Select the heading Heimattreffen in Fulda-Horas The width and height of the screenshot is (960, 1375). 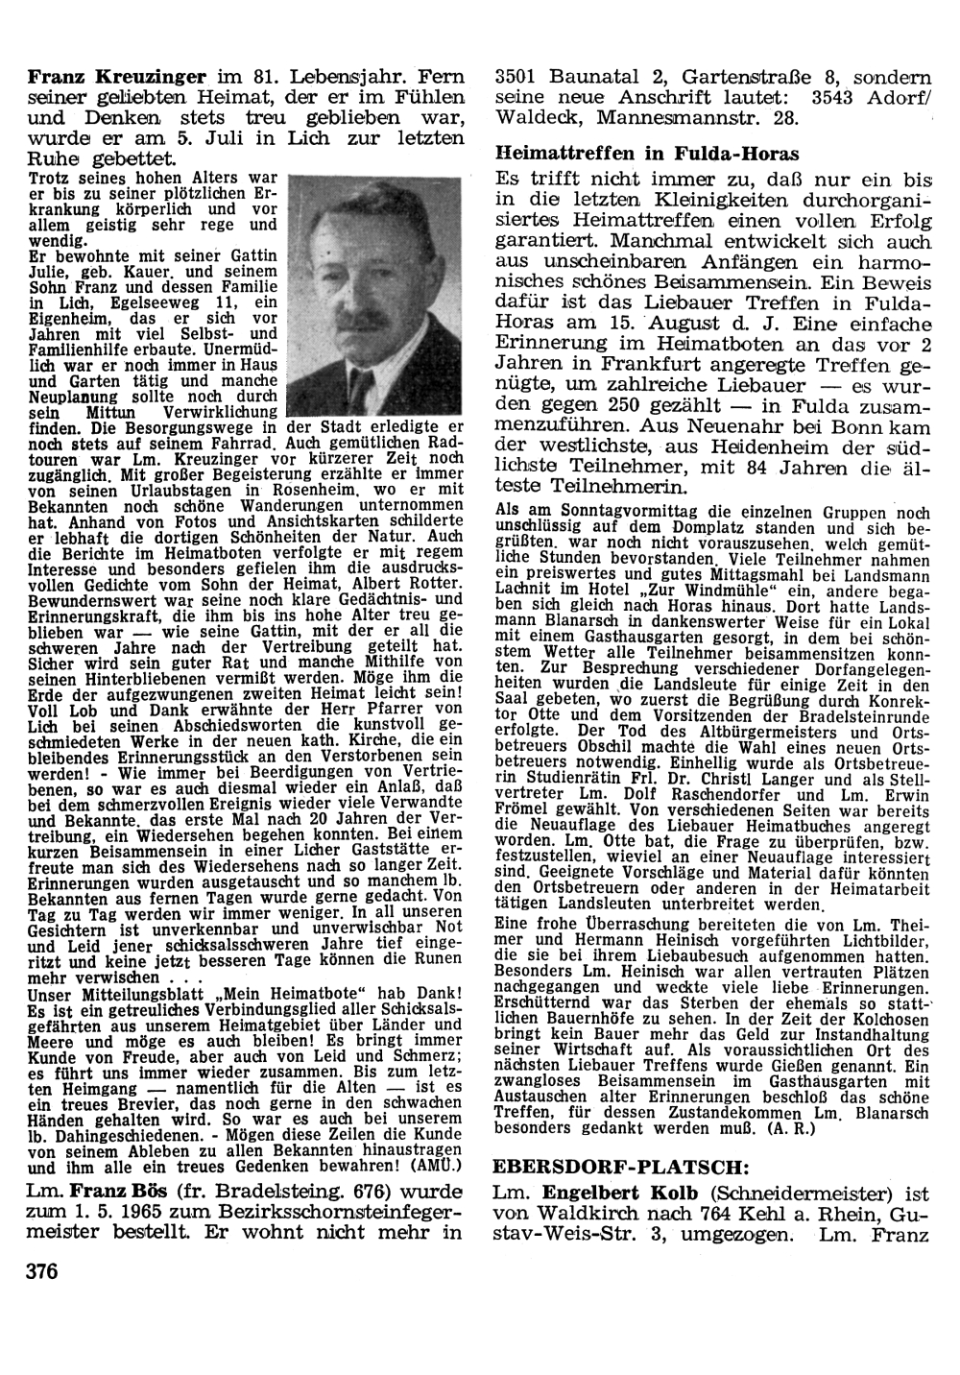coord(647,154)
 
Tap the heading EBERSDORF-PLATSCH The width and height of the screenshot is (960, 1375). coord(620,1169)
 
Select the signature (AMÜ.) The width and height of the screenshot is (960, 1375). coord(437,1167)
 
